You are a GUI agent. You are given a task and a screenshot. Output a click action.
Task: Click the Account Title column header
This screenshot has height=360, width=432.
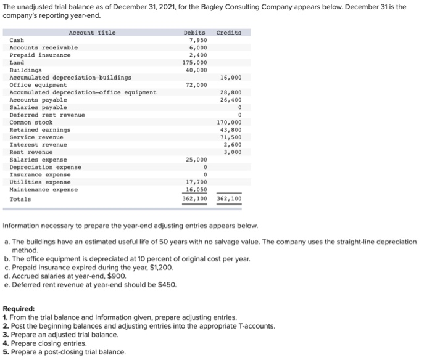[x=92, y=33]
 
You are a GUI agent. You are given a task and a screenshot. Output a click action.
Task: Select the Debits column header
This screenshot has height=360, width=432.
[x=194, y=33]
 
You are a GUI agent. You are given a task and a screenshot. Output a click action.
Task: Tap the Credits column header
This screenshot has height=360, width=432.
[x=229, y=33]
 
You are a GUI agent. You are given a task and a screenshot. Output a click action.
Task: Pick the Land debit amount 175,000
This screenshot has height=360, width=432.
[x=195, y=62]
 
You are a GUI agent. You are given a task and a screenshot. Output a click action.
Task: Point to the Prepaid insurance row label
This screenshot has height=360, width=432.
[x=40, y=55]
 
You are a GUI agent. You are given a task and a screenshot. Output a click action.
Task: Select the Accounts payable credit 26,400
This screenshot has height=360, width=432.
[x=231, y=99]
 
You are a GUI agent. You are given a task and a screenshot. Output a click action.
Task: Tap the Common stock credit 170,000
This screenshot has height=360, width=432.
[x=229, y=122]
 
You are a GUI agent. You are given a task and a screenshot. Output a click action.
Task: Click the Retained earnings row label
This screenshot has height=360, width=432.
[x=40, y=129]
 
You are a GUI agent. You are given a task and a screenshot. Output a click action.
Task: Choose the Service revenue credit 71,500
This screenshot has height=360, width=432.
[x=231, y=137]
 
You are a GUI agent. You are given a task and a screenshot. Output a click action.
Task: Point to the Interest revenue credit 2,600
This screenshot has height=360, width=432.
[x=233, y=144]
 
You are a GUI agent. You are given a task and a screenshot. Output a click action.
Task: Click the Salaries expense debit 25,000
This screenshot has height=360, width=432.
[x=196, y=160]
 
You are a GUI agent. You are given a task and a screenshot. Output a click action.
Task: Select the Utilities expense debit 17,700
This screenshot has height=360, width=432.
[x=196, y=182]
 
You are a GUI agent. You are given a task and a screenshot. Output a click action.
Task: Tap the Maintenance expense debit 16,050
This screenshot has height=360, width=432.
[x=196, y=189]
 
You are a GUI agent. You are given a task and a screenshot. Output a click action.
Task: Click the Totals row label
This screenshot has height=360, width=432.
[x=20, y=198]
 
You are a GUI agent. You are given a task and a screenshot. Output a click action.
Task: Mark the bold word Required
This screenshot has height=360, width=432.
[x=19, y=309]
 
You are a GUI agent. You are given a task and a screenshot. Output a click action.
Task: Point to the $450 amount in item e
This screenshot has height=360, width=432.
[x=167, y=285]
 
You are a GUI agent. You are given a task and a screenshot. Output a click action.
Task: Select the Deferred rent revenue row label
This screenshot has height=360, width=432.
[x=48, y=115]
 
